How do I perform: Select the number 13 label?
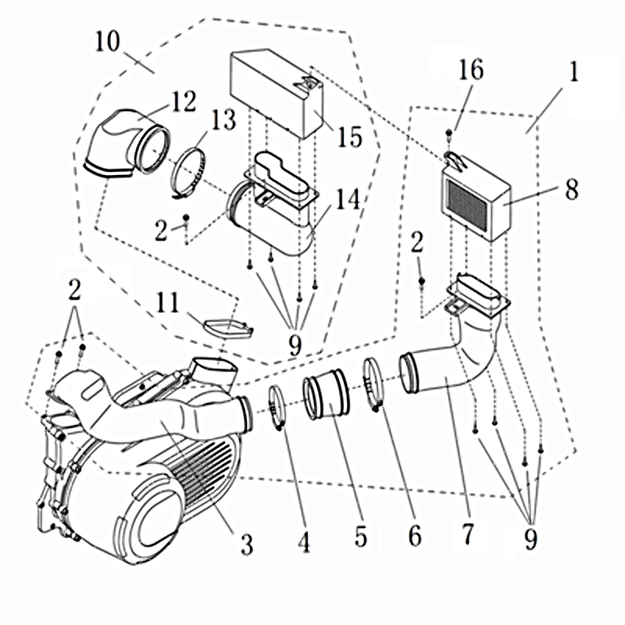click(x=222, y=122)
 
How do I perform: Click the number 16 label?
click(x=471, y=70)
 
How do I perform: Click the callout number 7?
click(x=467, y=536)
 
